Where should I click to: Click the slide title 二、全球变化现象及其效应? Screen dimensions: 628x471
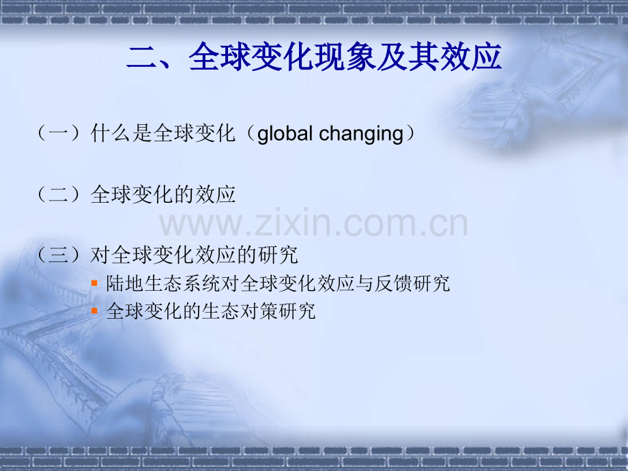(314, 57)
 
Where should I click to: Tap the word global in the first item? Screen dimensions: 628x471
(285, 134)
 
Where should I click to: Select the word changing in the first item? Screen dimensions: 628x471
(361, 134)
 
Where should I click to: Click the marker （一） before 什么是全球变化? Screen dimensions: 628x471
(59, 133)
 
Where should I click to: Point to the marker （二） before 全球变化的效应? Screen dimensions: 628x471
(59, 195)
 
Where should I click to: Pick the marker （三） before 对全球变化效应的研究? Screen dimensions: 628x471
(59, 255)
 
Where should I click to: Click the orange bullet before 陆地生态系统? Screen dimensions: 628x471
(94, 283)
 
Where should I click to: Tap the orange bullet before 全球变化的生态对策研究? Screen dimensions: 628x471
(94, 311)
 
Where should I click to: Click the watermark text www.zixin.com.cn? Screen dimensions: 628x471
(313, 223)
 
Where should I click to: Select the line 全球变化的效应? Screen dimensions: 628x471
(163, 195)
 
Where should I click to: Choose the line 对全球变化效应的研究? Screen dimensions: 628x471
(195, 255)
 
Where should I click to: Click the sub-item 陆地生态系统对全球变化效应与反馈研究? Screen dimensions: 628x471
(278, 283)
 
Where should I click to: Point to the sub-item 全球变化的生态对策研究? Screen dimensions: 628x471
(211, 311)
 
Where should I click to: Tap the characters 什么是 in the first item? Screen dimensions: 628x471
(122, 133)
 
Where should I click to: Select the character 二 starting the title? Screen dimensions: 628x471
(142, 57)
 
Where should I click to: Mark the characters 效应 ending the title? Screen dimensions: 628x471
(471, 57)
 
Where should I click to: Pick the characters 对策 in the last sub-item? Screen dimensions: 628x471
(259, 311)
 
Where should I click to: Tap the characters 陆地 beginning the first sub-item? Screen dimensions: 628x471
(125, 283)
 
